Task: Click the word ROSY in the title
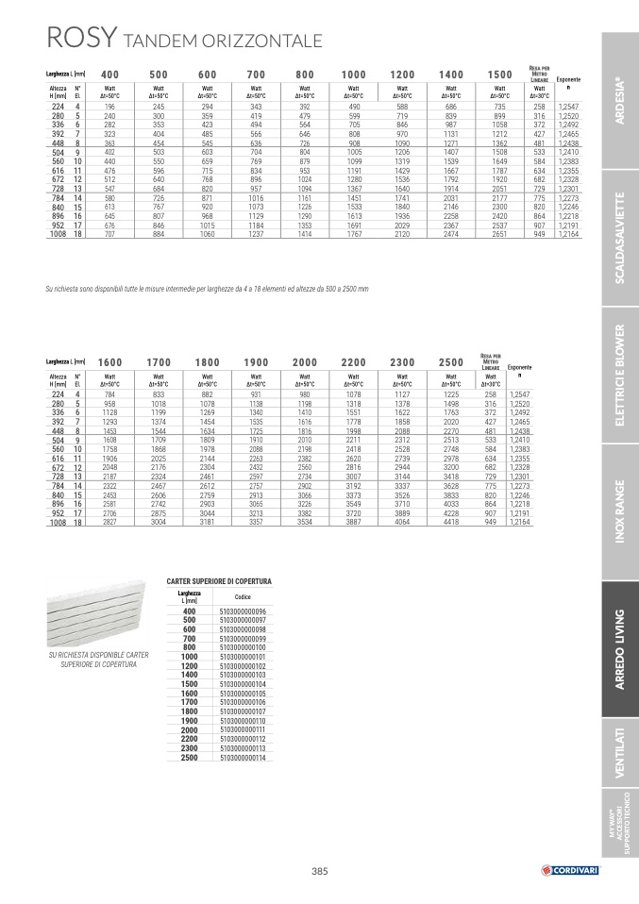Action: tap(81, 39)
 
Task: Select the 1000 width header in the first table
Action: tap(354, 75)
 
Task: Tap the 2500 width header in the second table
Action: tap(451, 361)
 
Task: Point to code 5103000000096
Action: tap(243, 611)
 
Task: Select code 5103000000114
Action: tap(243, 758)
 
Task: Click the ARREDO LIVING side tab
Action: tap(619, 650)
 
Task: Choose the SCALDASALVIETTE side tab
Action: tap(619, 237)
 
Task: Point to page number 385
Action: tap(319, 870)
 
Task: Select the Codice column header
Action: tap(243, 597)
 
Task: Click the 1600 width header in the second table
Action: tap(109, 361)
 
